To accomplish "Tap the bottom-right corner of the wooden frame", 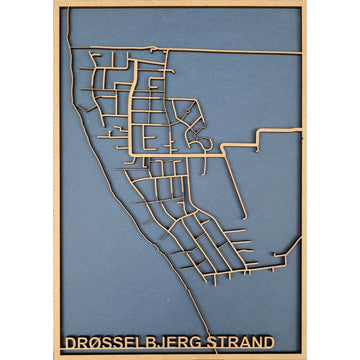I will coord(306,356).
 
